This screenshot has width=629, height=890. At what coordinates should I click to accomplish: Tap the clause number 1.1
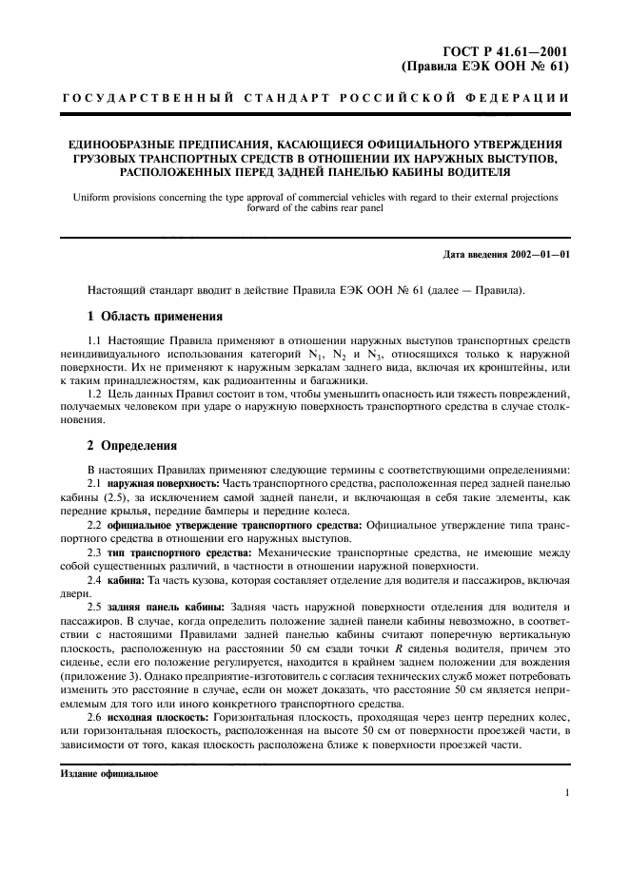pyautogui.click(x=95, y=340)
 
